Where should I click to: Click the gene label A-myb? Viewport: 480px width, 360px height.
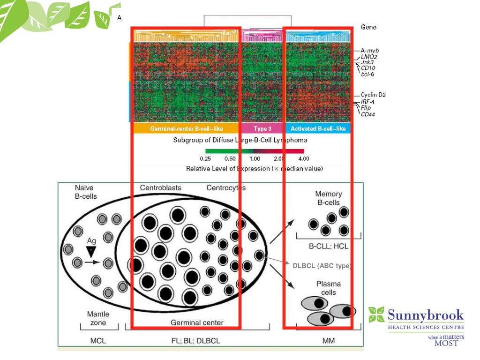[x=369, y=50]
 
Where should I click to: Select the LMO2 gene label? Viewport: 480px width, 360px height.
[x=369, y=56]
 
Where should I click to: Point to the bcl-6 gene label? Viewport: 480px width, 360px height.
[x=367, y=74]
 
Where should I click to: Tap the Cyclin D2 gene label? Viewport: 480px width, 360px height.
[x=373, y=95]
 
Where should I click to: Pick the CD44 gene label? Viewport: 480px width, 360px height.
[x=368, y=114]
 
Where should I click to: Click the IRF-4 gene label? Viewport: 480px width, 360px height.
[x=367, y=102]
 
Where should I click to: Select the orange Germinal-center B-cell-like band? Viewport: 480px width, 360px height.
[x=186, y=128]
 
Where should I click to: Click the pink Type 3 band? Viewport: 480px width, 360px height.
[x=262, y=128]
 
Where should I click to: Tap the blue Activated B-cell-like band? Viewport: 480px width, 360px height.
[x=318, y=128]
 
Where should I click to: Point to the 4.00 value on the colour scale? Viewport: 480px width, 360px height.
[x=303, y=159]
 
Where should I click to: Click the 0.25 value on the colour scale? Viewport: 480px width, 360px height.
[x=205, y=159]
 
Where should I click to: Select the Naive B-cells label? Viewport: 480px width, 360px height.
[x=86, y=192]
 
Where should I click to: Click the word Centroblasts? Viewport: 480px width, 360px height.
[x=160, y=188]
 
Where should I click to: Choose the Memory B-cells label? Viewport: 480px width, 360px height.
[x=328, y=198]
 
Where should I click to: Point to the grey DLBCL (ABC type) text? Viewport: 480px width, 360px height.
[x=321, y=266]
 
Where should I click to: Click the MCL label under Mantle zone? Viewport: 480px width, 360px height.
[x=98, y=341]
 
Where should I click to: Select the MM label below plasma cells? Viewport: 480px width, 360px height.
[x=328, y=341]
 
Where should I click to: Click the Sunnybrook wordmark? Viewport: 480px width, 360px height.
[x=426, y=315]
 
